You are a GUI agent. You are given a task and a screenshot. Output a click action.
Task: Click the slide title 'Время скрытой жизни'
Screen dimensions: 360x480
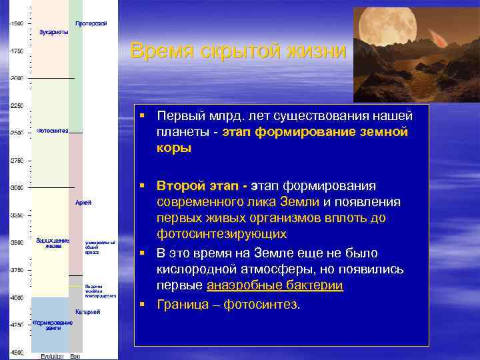238,51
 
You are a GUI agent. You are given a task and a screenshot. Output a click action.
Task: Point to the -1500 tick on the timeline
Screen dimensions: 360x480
16,23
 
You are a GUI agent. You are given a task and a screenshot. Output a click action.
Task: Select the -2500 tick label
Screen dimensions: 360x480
16,133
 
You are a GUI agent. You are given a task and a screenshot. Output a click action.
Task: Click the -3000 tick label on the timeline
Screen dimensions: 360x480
16,187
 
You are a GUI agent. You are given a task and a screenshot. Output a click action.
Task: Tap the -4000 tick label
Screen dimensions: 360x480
16,297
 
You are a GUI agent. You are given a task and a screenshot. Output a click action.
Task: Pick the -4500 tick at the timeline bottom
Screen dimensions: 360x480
16,351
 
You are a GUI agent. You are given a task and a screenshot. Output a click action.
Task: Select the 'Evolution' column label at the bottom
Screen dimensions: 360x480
52,356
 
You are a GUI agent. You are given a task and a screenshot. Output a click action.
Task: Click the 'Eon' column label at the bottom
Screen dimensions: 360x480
75,356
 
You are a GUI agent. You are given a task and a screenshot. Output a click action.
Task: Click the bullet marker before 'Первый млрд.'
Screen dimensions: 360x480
142,115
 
